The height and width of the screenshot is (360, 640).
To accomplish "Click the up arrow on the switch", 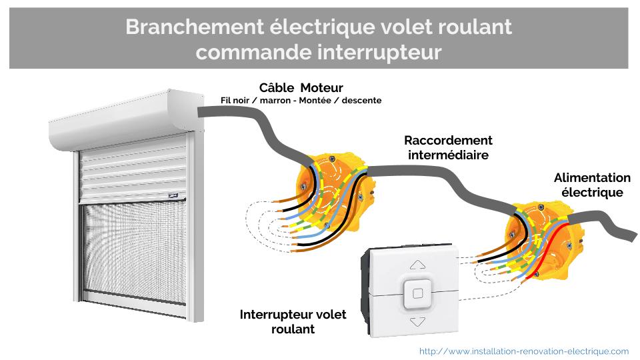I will (x=417, y=264).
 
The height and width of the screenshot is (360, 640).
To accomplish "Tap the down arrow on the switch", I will (x=417, y=321).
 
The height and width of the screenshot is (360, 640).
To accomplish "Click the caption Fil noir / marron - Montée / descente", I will (x=301, y=101).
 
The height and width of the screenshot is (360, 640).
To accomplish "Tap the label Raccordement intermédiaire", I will (x=448, y=147).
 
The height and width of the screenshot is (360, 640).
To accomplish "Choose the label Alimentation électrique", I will (x=592, y=185).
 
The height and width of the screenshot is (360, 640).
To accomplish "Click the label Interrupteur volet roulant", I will (x=293, y=321).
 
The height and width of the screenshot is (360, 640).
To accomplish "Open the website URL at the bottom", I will (x=523, y=351).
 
